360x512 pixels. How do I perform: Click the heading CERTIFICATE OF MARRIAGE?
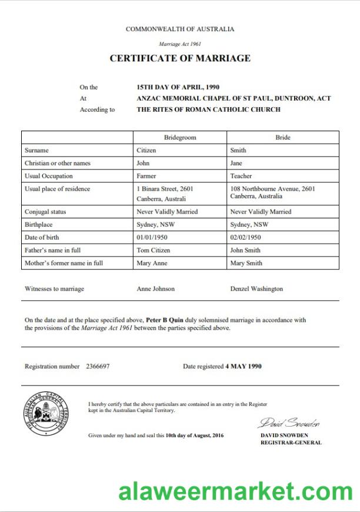pos(180,58)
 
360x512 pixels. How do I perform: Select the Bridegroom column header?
pos(180,137)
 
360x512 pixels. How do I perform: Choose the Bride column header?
pos(283,137)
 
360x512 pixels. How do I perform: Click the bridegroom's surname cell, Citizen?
pos(146,150)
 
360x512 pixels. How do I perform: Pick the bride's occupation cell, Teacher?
pos(241,176)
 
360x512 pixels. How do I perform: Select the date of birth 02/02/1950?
pos(246,237)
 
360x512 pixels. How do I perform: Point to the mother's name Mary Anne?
pos(152,263)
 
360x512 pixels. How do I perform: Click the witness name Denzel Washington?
pos(256,289)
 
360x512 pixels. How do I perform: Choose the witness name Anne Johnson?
pos(155,289)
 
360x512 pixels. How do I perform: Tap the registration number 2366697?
pos(98,366)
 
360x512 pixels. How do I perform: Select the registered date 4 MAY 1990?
pos(244,366)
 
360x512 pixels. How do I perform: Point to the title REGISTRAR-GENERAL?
pos(291,443)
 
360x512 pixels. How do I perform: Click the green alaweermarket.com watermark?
pos(235,491)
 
